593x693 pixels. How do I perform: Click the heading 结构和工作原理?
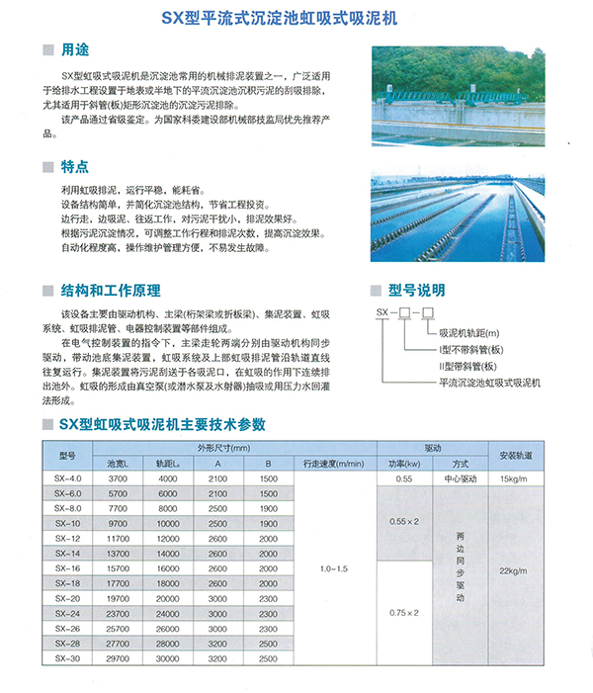(110, 291)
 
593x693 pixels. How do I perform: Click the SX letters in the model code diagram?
(381, 312)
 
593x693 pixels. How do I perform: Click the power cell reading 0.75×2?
(403, 613)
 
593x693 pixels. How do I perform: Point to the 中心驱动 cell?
(460, 478)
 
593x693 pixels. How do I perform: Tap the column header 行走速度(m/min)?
(334, 463)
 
